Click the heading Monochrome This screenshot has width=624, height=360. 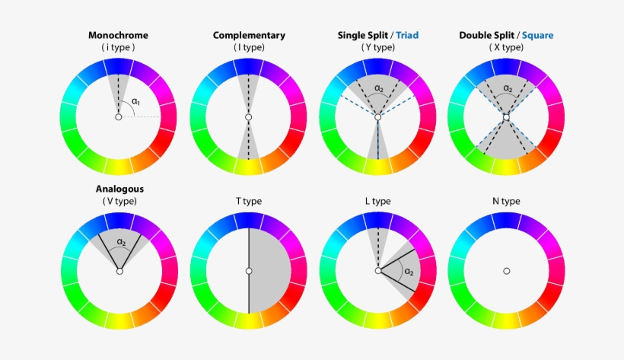click(x=118, y=35)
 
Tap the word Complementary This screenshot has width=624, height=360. click(x=249, y=36)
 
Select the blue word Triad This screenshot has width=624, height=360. click(x=407, y=35)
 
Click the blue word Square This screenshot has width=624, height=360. click(x=538, y=36)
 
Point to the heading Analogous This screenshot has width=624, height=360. click(x=119, y=190)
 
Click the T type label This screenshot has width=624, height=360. click(x=249, y=201)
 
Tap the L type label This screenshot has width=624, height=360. click(x=377, y=201)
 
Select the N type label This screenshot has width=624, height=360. click(x=506, y=201)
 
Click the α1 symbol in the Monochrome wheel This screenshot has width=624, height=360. click(x=136, y=101)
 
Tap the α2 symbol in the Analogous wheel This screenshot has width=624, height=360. click(x=122, y=242)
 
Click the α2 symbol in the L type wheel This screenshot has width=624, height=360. click(x=409, y=272)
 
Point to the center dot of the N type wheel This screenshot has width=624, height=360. click(x=507, y=271)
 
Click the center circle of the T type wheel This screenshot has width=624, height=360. click(x=249, y=271)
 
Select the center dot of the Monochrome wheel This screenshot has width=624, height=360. click(x=118, y=117)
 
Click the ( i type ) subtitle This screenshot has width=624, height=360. click(x=118, y=47)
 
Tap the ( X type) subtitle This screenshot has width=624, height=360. click(x=506, y=47)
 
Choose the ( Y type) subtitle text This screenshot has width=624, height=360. click(x=378, y=47)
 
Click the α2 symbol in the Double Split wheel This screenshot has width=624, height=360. click(x=508, y=88)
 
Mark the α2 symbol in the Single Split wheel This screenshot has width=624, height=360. click(x=379, y=88)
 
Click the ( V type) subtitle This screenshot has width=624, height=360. click(x=119, y=201)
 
